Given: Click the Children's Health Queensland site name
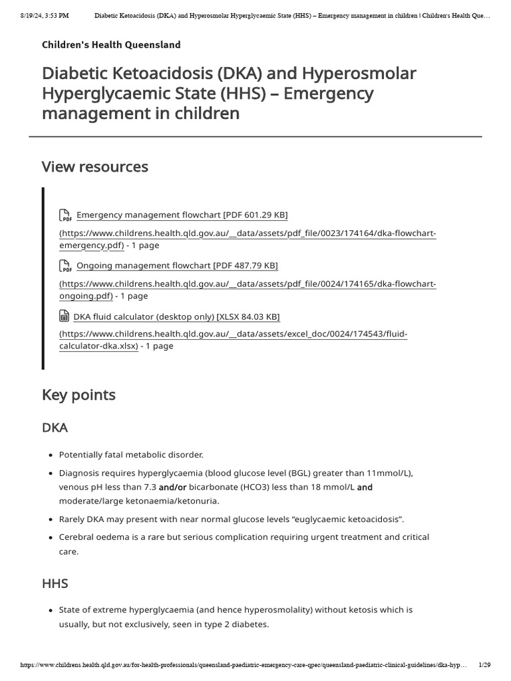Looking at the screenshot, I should pos(111,45).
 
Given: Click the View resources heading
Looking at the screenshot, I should pos(94,167).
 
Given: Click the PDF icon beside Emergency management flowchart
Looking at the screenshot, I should pos(65,215).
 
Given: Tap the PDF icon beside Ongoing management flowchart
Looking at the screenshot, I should pos(65,266).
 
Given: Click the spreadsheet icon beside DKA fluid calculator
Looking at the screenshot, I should pos(65,316).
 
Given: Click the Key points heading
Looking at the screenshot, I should pos(79,395).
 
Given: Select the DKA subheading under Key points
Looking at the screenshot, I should pos(55,427).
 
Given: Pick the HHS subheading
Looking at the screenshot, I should pos(55,583).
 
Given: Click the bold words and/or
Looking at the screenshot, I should pos(172,487).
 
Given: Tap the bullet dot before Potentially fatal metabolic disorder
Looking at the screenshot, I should pos(51,455).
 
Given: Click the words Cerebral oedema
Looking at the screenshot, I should pos(92,537).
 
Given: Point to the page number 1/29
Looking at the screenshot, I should pos(484,665).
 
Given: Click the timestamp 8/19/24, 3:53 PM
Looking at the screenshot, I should pos(45,15).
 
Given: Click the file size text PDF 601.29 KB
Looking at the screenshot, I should pos(255,215).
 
